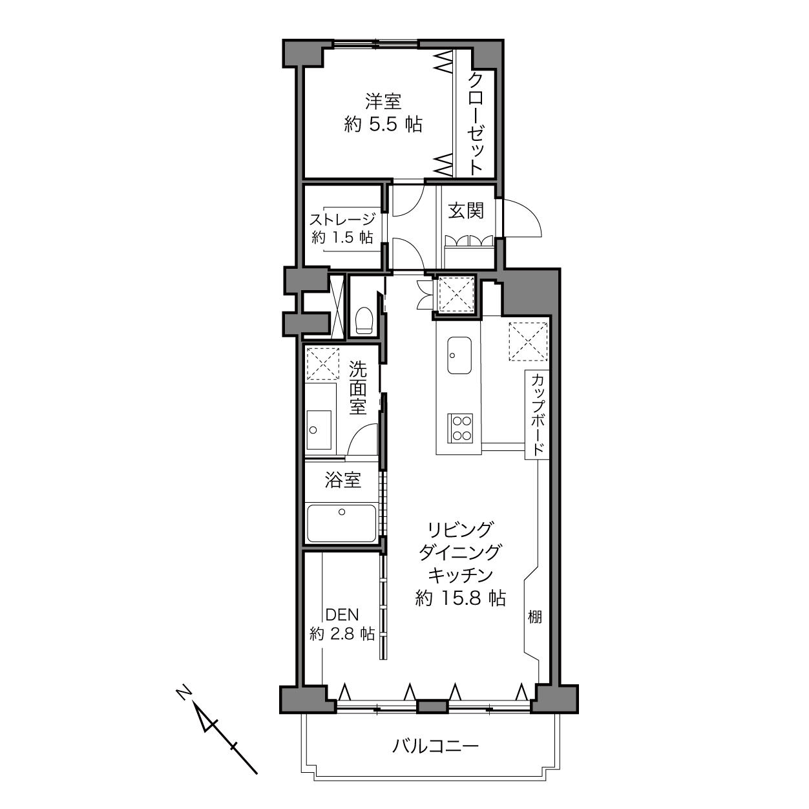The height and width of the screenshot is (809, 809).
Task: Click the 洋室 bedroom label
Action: click(x=383, y=102)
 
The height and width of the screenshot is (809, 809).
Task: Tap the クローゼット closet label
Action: click(x=476, y=123)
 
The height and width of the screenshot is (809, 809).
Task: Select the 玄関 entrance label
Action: click(x=466, y=211)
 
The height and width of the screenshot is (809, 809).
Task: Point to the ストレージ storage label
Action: click(x=342, y=220)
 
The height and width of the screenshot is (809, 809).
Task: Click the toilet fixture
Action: click(x=364, y=320)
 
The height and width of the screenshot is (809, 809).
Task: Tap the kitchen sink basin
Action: click(x=459, y=355)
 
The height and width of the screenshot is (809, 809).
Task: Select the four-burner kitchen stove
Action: click(x=461, y=428)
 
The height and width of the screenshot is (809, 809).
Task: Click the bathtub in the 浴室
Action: click(x=342, y=523)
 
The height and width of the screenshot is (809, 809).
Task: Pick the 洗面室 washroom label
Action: click(x=358, y=388)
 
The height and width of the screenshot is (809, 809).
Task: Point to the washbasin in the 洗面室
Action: click(x=319, y=430)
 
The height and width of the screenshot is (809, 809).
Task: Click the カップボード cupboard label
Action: click(x=537, y=415)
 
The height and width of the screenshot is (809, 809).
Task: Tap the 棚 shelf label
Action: click(x=535, y=616)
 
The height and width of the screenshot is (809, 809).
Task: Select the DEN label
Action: click(x=342, y=615)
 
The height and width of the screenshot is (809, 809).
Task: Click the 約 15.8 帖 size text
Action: click(x=461, y=598)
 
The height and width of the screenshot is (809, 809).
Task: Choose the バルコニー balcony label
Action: click(x=436, y=746)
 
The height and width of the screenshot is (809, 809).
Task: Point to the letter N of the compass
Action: click(x=183, y=692)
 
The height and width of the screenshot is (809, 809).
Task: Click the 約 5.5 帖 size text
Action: click(x=383, y=124)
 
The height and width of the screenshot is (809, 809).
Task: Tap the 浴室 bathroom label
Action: click(x=343, y=480)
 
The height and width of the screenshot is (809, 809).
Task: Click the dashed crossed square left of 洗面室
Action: click(x=323, y=363)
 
